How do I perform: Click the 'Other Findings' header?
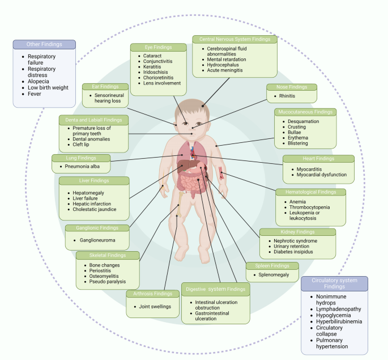(x=44, y=44)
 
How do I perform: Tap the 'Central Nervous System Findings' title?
(x=234, y=39)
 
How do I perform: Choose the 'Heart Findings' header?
(x=318, y=159)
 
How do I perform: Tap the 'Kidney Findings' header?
(x=297, y=232)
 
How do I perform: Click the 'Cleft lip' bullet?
(x=84, y=145)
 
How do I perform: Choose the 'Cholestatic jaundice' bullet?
(x=94, y=209)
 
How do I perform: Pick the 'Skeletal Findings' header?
(x=108, y=255)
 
